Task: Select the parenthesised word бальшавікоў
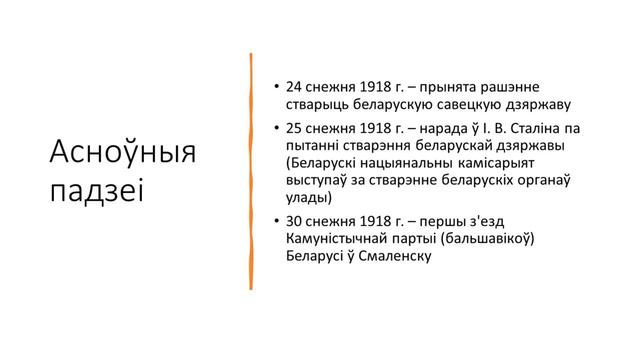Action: pos(493,239)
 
